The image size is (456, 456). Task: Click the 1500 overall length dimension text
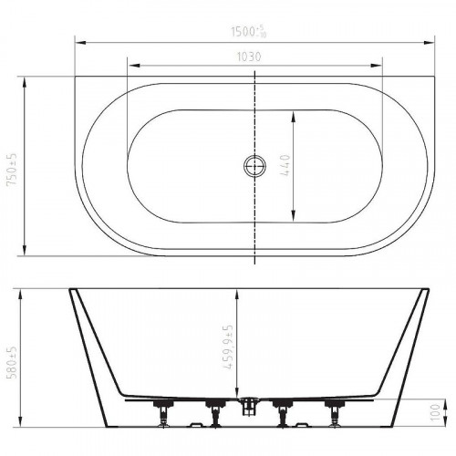click(x=249, y=31)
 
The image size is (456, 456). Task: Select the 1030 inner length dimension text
click(x=249, y=57)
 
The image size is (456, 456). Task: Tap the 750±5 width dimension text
click(x=13, y=170)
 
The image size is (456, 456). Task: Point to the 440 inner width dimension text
click(x=285, y=166)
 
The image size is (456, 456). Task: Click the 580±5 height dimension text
click(x=13, y=362)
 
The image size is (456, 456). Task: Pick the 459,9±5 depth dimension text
click(x=228, y=347)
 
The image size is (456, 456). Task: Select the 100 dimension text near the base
click(x=436, y=412)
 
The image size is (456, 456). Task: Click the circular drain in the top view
click(x=254, y=166)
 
